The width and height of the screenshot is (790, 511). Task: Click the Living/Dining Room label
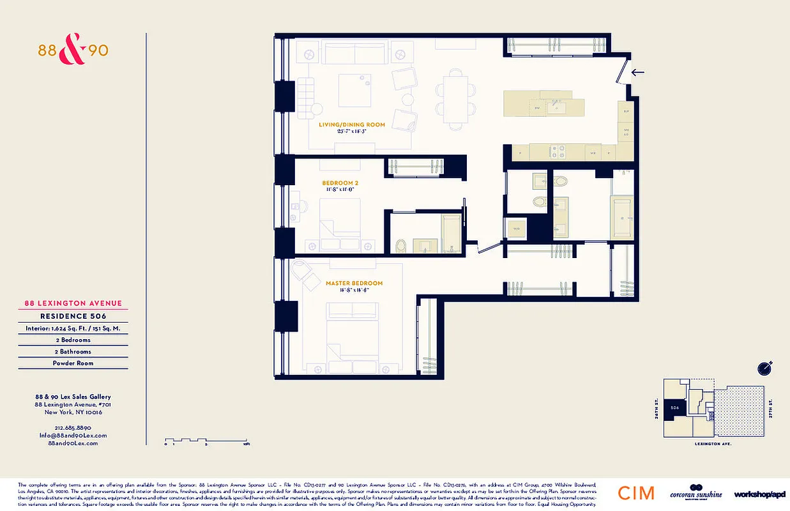(x=352, y=125)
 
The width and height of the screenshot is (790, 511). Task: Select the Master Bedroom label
(x=354, y=283)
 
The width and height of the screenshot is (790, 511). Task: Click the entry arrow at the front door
(x=637, y=72)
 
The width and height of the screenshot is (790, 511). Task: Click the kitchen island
(x=543, y=104)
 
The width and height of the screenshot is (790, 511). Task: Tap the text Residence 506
(x=73, y=316)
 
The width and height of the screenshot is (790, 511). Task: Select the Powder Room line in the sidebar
(x=73, y=363)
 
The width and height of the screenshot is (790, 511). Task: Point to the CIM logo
(x=635, y=492)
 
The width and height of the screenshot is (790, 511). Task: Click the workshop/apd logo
(x=760, y=494)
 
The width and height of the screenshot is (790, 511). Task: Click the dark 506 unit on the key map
(x=674, y=406)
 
